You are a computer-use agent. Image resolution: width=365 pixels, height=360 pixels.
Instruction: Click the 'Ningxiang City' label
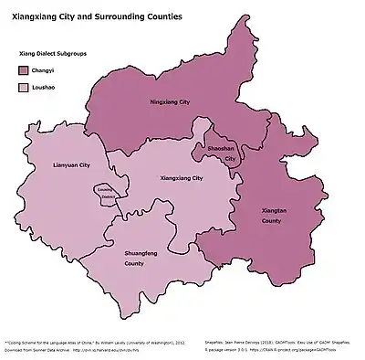click(171, 101)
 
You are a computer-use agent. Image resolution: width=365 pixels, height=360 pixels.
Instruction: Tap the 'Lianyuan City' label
click(72, 165)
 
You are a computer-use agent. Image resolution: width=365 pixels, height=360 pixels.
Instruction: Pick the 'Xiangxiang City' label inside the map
click(181, 178)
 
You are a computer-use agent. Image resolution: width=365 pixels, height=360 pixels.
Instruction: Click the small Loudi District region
click(107, 193)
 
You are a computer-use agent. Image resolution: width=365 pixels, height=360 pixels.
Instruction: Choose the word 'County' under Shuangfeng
click(134, 263)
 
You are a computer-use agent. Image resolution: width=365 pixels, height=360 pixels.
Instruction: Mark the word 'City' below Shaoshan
click(230, 159)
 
